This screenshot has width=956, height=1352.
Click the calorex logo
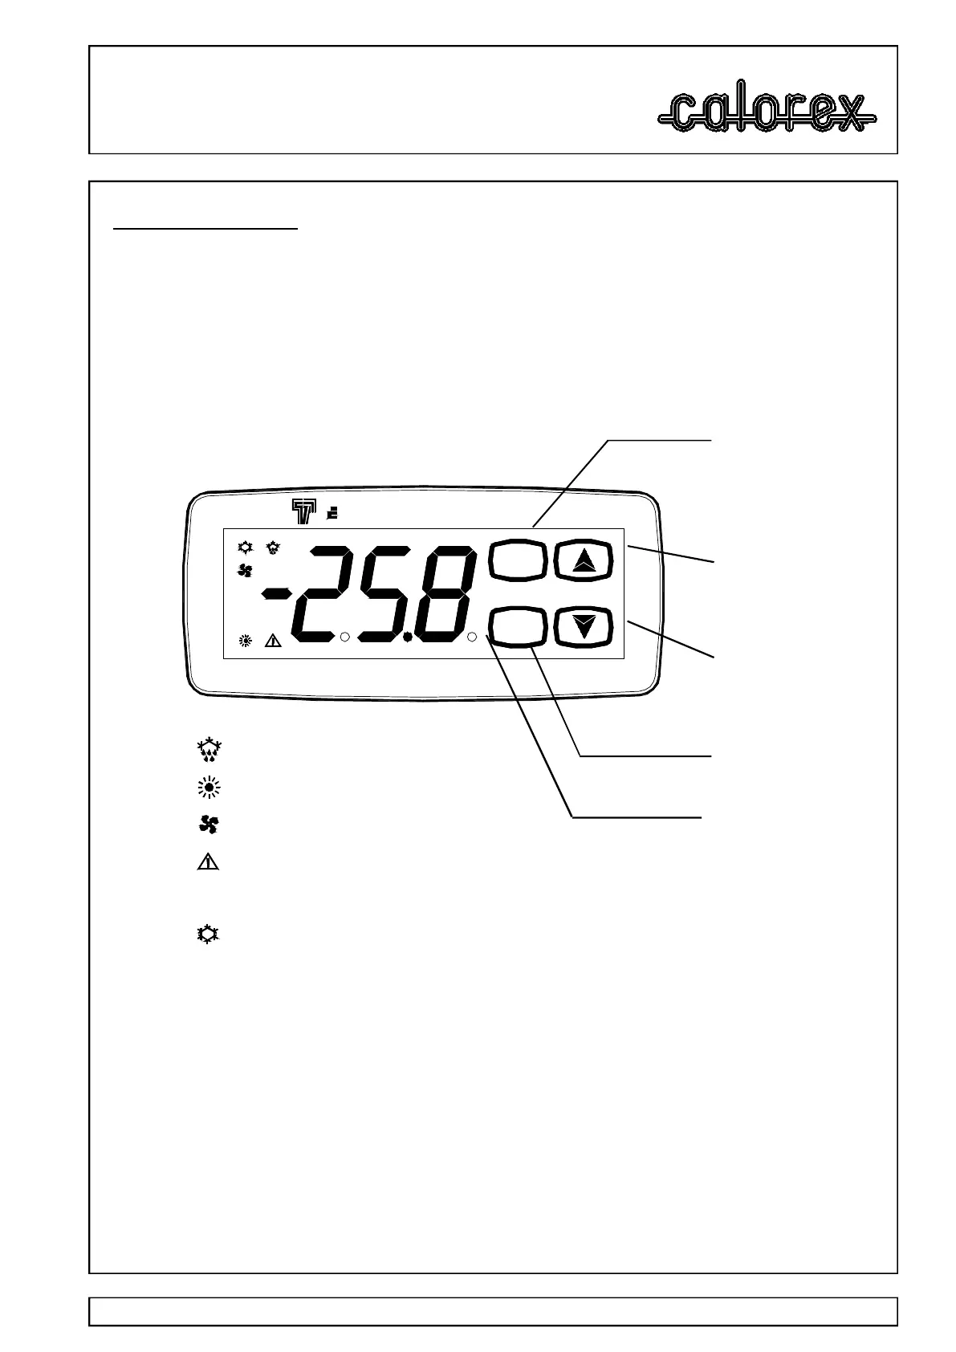[x=767, y=112]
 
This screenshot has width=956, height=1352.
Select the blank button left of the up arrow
[x=517, y=560]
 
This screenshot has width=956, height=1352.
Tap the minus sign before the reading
[x=277, y=593]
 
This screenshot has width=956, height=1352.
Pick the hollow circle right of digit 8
[x=472, y=637]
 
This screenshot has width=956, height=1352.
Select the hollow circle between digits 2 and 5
[x=344, y=637]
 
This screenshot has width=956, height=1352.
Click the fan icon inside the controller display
[x=246, y=571]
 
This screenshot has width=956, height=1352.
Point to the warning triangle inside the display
[x=273, y=641]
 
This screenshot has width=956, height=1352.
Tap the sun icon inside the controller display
[x=246, y=641]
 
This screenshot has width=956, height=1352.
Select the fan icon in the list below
[x=210, y=825]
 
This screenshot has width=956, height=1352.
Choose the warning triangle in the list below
[x=209, y=863]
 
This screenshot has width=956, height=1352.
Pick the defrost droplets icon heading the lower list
[x=210, y=750]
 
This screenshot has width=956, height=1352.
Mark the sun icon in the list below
[x=210, y=788]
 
